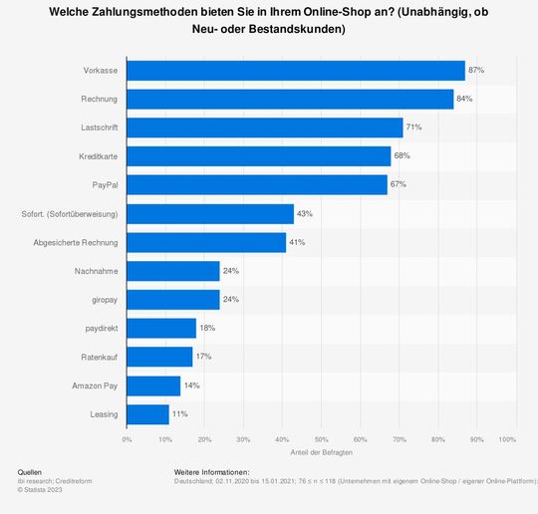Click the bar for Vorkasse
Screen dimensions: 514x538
tap(296, 71)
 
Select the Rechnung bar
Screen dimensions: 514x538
tap(290, 100)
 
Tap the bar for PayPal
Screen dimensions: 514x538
tap(257, 185)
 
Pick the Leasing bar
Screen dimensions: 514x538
tap(147, 413)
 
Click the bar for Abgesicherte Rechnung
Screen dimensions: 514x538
tap(206, 242)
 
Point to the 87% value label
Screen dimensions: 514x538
tap(476, 71)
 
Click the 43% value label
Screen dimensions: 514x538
tap(305, 214)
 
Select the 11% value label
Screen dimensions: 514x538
tap(180, 413)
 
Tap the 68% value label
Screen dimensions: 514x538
tap(402, 156)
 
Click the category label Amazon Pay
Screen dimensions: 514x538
tap(95, 385)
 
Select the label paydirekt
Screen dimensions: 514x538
tap(101, 328)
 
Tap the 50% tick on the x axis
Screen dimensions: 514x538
tap(321, 438)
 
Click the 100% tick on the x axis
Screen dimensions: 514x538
tap(507, 438)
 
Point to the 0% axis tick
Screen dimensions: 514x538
tap(127, 438)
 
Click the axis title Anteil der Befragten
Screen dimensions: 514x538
tap(321, 453)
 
